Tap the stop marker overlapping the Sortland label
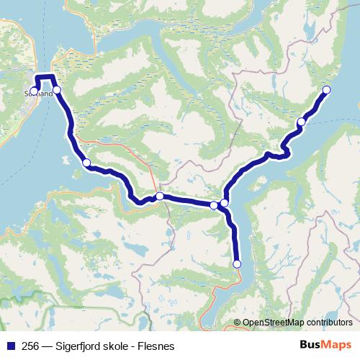35,91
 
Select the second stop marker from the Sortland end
57,89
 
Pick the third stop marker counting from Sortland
86,163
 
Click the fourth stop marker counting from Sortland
160,196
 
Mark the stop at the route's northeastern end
325,89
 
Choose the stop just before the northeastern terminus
301,122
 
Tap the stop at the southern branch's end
237,264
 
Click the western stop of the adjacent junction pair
214,205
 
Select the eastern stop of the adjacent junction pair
225,203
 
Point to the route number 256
31,344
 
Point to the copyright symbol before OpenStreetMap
238,322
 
